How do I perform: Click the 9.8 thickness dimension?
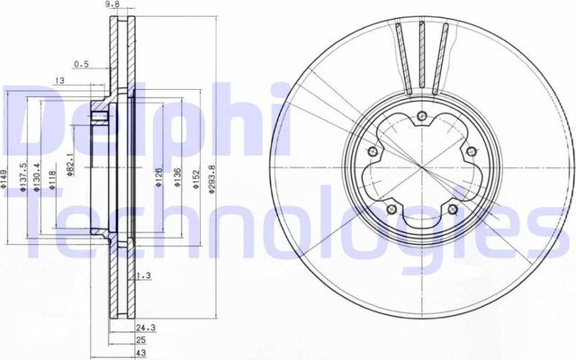click(112, 5)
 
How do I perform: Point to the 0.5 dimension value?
click(81, 64)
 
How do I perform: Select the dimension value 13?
click(59, 82)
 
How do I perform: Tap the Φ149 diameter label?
click(5, 184)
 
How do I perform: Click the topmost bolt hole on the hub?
click(421, 115)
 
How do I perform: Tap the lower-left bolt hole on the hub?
click(391, 211)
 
